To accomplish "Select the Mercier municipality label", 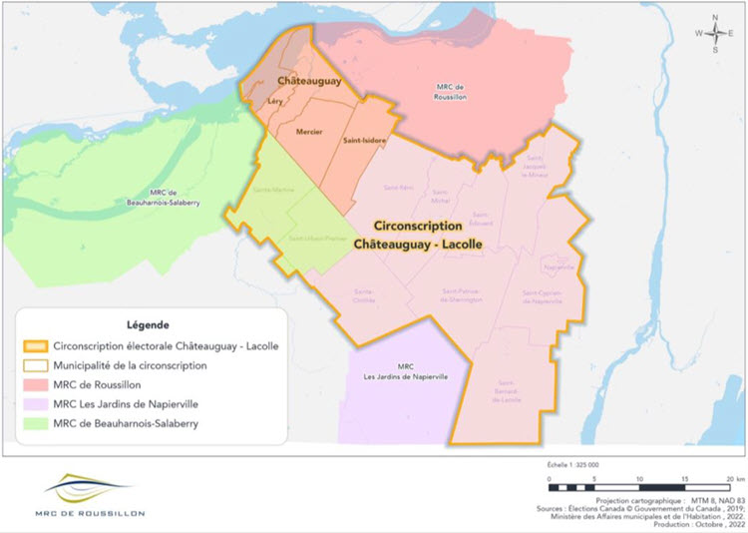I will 310,132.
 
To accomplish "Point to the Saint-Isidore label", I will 366,141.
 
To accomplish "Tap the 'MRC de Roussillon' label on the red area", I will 450,92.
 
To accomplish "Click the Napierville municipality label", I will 560,266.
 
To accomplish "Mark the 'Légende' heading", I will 148,325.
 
